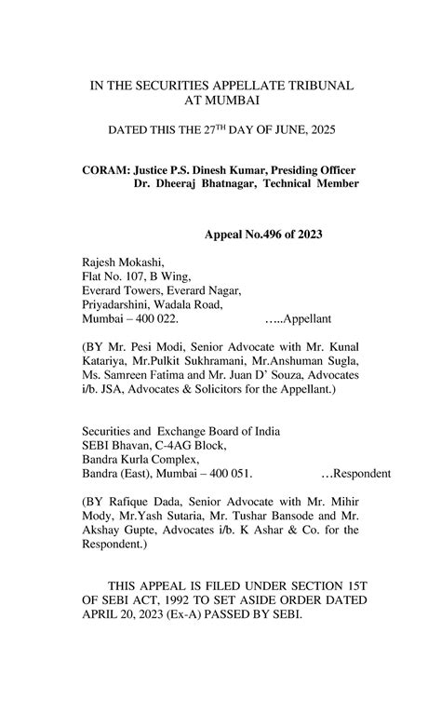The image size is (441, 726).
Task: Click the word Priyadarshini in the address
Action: tap(119, 303)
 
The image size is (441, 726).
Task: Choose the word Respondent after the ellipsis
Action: tap(361, 472)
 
